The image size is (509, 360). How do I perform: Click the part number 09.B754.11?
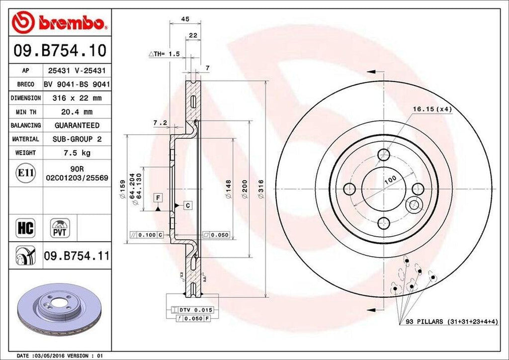coord(77,257)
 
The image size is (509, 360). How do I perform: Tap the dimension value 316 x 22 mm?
coord(77,98)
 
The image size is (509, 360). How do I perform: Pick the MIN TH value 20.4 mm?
coord(77,112)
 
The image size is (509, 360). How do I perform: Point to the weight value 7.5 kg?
coord(77,153)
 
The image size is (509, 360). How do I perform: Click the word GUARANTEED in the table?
coord(77,125)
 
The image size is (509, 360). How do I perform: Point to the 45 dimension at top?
coord(185,19)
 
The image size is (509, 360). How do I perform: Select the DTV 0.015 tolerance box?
coord(188,310)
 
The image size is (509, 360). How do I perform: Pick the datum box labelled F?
coord(158,198)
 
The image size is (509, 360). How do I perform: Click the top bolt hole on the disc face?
coord(384,155)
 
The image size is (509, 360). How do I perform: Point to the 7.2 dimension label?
coord(160,122)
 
